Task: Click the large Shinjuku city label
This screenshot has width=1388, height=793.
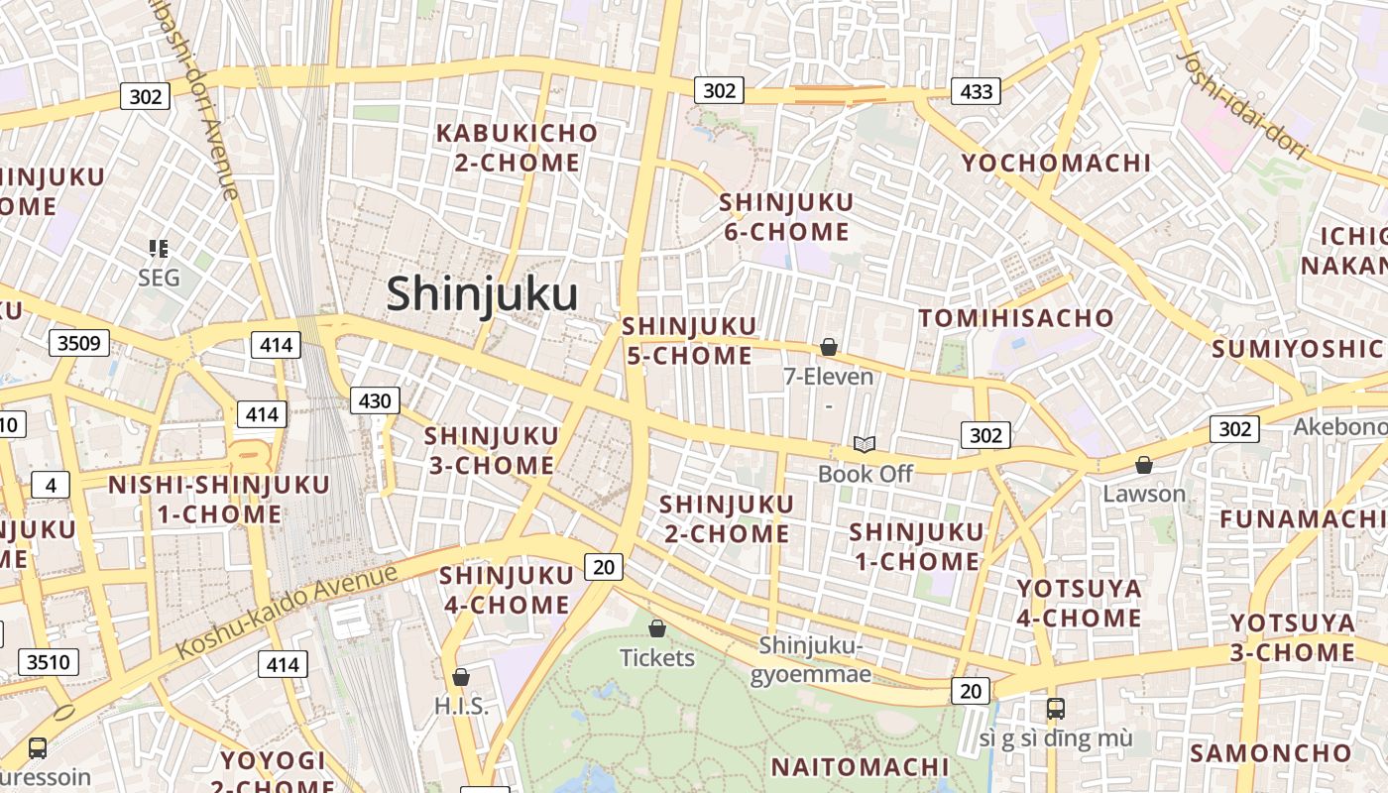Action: (x=482, y=294)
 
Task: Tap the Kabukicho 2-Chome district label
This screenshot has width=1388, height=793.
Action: (x=517, y=147)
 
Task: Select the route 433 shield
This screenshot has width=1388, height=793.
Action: (x=976, y=92)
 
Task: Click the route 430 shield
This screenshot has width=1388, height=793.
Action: (x=375, y=400)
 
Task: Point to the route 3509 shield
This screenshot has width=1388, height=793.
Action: (x=79, y=344)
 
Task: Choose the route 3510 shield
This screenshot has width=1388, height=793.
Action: (x=49, y=661)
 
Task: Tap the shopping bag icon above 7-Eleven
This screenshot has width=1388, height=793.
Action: (x=829, y=347)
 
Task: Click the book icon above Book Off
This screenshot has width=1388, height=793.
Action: (x=865, y=445)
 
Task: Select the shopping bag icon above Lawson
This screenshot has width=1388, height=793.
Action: (x=1144, y=465)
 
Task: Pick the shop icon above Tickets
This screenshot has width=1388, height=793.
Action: (x=656, y=628)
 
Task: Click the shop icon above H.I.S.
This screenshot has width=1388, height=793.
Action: (x=461, y=678)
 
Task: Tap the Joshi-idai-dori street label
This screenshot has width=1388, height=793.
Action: (x=1242, y=103)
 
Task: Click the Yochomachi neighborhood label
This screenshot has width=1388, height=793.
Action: (x=1056, y=163)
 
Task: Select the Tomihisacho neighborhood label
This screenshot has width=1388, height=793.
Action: (x=1016, y=317)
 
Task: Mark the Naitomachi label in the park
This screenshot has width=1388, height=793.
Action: (x=860, y=766)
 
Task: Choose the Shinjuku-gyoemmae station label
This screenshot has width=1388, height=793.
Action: (x=811, y=660)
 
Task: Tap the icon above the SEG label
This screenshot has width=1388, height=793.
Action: (x=159, y=248)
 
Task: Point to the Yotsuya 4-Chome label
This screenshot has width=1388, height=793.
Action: (x=1079, y=603)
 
